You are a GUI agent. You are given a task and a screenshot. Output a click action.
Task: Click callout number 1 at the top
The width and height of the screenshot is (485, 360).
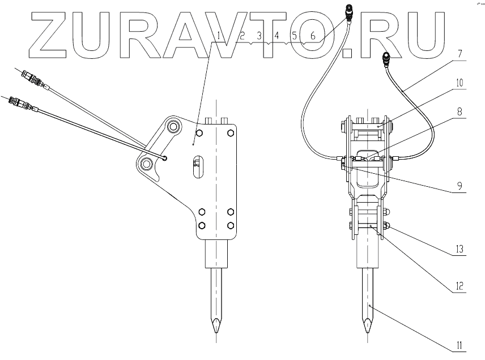click(219, 36)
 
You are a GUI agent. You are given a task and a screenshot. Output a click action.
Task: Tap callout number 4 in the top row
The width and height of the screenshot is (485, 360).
click(277, 36)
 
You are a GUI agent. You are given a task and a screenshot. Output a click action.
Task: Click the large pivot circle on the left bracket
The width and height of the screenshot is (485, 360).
click(147, 164)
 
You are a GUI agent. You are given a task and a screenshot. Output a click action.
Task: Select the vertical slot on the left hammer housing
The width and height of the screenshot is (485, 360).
click(195, 168)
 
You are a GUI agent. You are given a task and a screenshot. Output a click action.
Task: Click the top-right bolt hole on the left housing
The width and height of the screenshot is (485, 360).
click(231, 133)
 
